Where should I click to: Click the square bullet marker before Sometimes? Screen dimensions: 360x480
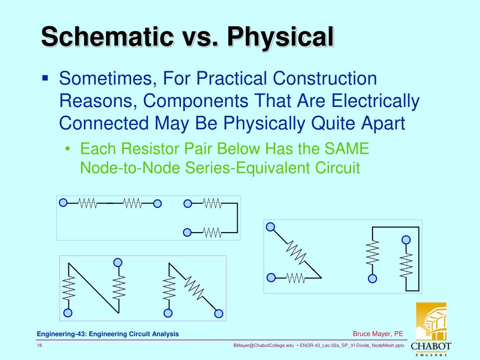[x=45, y=77]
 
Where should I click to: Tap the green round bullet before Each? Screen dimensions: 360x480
[x=69, y=150]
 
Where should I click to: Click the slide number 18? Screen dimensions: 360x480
[x=39, y=345]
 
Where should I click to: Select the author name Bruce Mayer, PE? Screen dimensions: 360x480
[x=378, y=334]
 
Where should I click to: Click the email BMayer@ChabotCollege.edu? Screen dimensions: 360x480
[x=263, y=345]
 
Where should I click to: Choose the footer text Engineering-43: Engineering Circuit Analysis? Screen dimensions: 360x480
[x=108, y=334]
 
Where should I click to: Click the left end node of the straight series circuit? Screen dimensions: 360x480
[x=63, y=202]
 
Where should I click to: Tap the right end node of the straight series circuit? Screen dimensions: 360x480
[x=157, y=203]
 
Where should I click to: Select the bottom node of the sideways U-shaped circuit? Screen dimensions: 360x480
[x=187, y=232]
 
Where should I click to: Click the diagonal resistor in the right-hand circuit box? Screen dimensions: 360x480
[x=296, y=253]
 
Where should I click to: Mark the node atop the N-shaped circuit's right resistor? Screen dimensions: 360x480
[x=118, y=262]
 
